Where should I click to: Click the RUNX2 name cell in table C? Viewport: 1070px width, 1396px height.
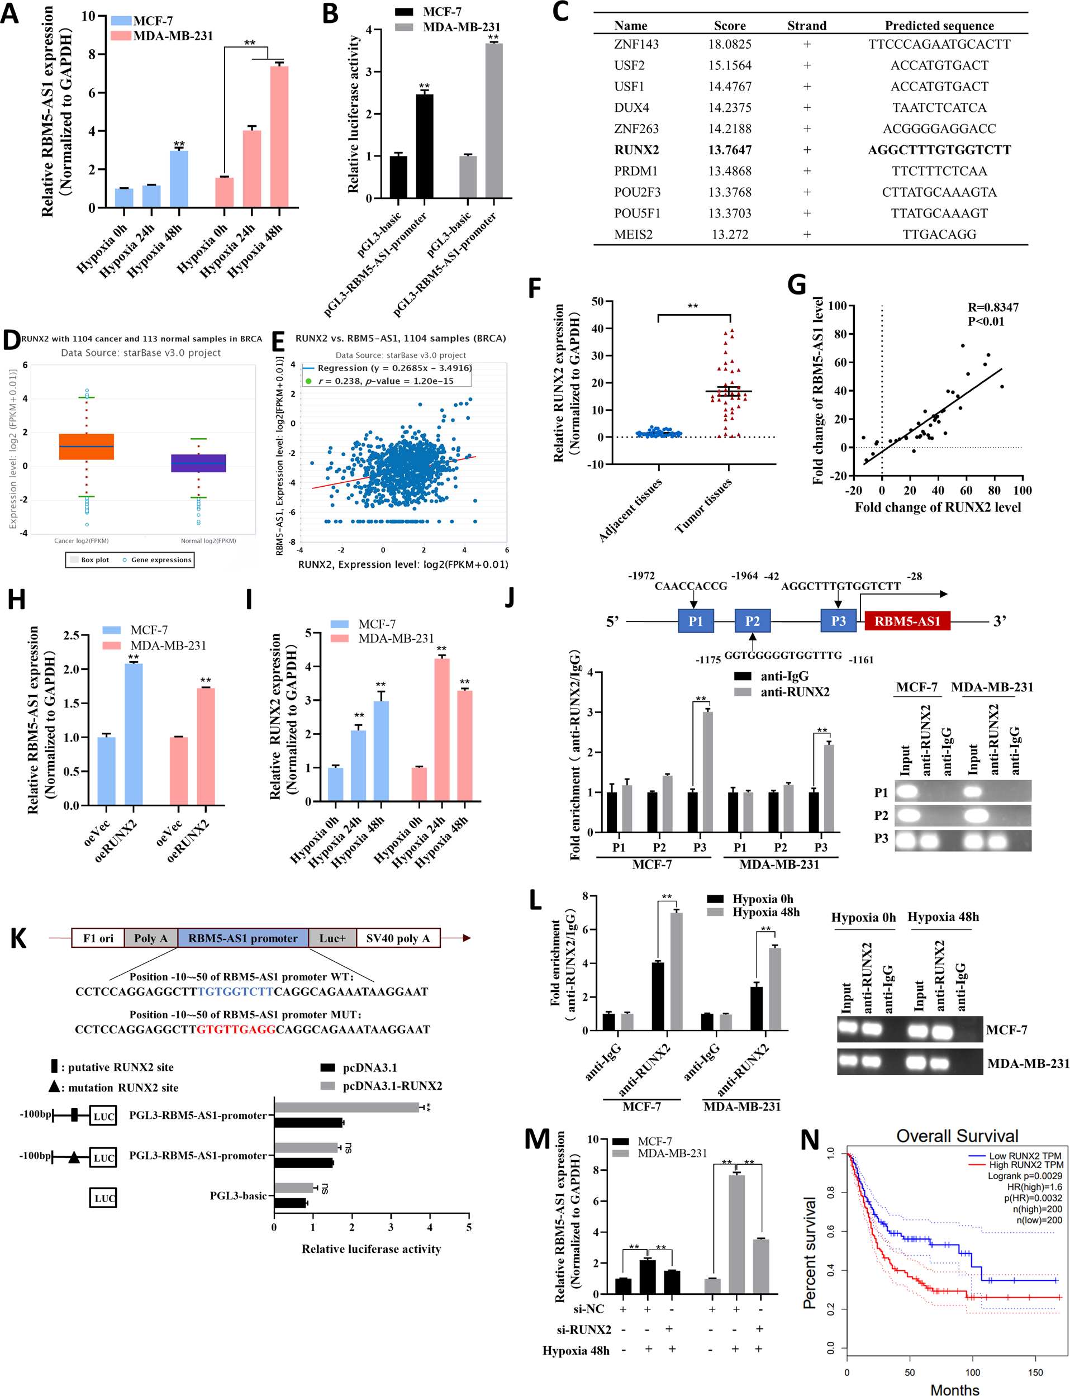636,150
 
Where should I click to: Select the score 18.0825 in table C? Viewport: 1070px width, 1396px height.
729,45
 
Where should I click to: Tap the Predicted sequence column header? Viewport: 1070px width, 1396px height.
939,26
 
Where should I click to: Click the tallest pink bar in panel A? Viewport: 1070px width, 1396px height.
279,137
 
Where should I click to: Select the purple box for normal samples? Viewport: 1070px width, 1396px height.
199,463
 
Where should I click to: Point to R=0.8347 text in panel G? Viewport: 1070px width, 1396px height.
993,307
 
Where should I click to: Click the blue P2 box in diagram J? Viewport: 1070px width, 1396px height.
752,621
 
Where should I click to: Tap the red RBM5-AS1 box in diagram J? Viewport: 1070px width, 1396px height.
907,621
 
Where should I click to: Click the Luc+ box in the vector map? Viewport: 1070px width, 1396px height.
332,938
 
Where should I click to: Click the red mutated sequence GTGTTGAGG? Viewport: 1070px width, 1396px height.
236,1029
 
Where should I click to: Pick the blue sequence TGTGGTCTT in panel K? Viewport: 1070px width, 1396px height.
235,991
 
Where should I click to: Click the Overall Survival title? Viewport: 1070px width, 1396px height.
957,1136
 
